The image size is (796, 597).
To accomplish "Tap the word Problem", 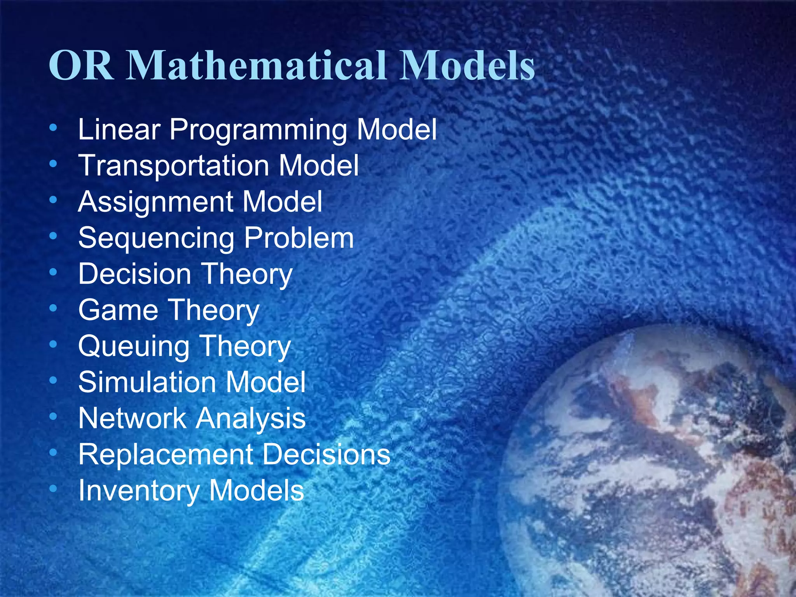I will click(x=299, y=237).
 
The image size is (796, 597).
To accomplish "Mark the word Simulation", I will click(x=147, y=382).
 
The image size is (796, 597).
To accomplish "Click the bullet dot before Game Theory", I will click(x=53, y=308).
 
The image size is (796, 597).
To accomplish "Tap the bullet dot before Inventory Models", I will click(x=53, y=488).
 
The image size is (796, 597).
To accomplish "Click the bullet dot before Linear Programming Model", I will click(x=53, y=127).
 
